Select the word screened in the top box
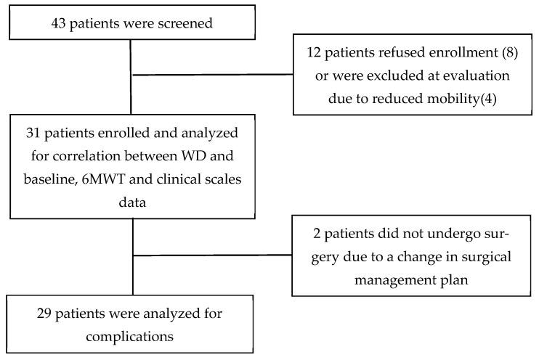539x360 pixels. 186,22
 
